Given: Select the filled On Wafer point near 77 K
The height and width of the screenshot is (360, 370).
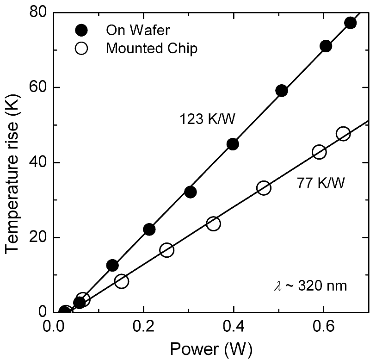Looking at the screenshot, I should click(351, 23).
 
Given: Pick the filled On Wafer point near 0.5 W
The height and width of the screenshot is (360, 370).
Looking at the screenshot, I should click(282, 91).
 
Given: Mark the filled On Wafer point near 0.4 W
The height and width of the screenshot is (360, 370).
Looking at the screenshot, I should click(233, 144).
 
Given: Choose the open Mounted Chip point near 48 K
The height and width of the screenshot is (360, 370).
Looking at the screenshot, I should click(343, 134).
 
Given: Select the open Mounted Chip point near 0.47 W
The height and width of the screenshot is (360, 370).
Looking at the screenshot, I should click(264, 188).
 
